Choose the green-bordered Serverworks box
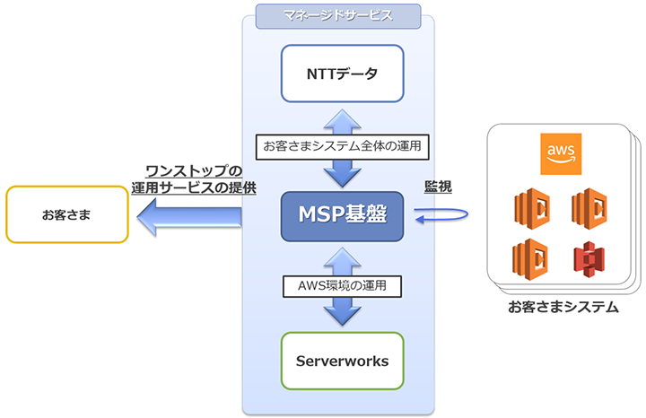pyautogui.click(x=342, y=361)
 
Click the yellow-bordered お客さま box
pyautogui.click(x=66, y=215)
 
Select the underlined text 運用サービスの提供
pyautogui.click(x=193, y=188)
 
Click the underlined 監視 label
pyautogui.click(x=438, y=186)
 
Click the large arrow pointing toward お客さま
pyautogui.click(x=188, y=214)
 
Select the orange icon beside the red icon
pyautogui.click(x=529, y=259)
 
